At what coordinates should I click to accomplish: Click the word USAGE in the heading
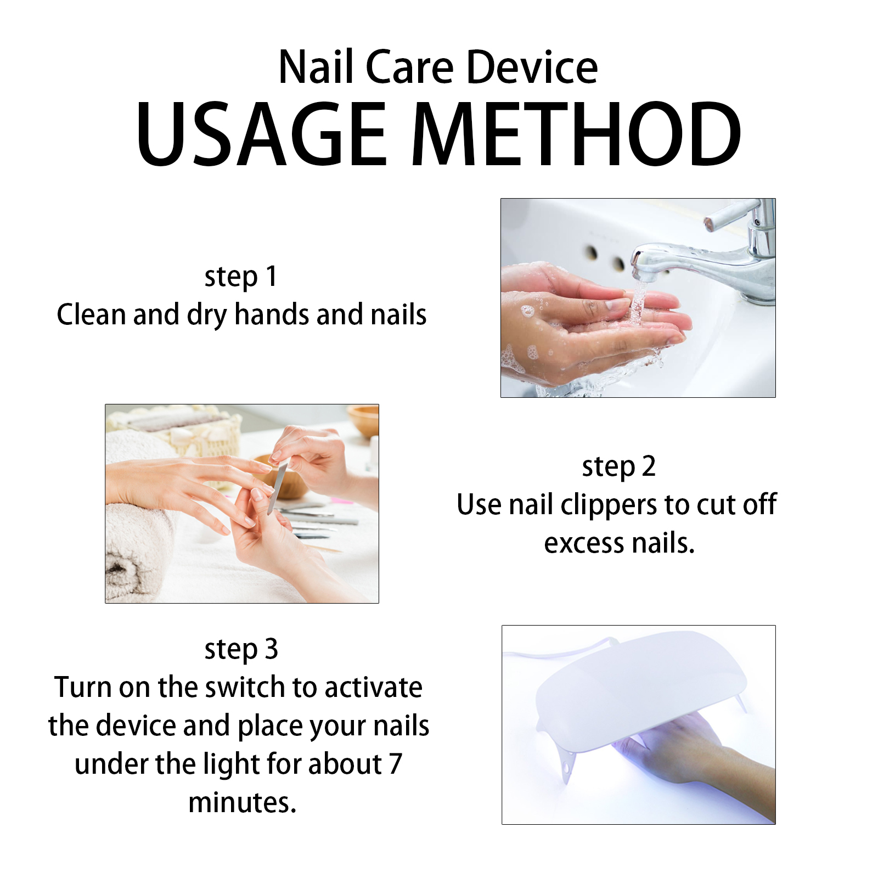(x=261, y=134)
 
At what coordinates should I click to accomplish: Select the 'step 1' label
(x=241, y=277)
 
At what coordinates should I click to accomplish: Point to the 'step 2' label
(x=619, y=467)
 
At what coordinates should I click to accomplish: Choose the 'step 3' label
(x=241, y=649)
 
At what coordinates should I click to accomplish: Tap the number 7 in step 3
(x=396, y=764)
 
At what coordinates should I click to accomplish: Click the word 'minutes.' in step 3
(x=242, y=803)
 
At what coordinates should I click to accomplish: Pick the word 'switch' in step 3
(x=245, y=687)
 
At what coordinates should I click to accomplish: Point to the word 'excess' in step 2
(x=584, y=544)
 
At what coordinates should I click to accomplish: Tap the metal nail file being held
(x=277, y=487)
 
